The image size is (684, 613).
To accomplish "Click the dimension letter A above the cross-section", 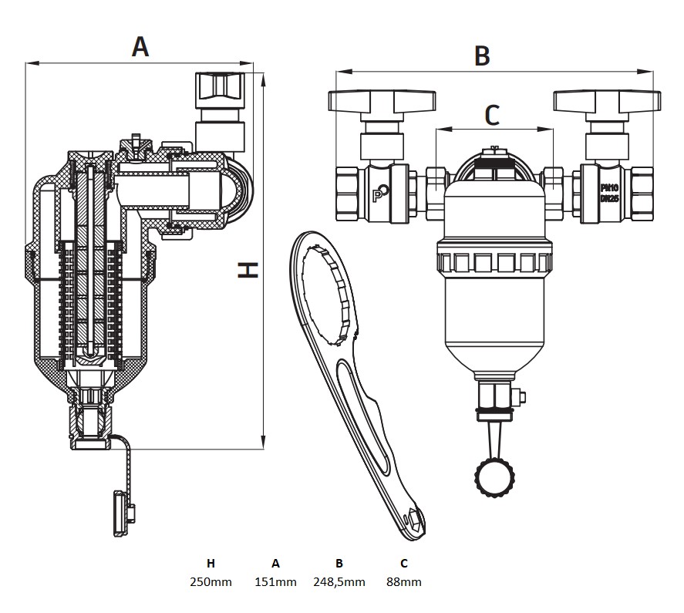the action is (140, 47).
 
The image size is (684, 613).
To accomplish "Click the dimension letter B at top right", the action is (482, 56).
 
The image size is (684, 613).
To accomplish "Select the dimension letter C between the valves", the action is (492, 115).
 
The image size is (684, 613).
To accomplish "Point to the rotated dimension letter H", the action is (248, 270).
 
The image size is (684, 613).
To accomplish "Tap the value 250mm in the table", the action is (211, 582).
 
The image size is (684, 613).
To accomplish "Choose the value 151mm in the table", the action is (275, 582).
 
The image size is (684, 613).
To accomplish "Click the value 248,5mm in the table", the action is (339, 582).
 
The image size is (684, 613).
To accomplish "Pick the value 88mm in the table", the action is (403, 582).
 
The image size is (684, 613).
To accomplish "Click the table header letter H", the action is (211, 563).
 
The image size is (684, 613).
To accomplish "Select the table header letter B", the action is (339, 563).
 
